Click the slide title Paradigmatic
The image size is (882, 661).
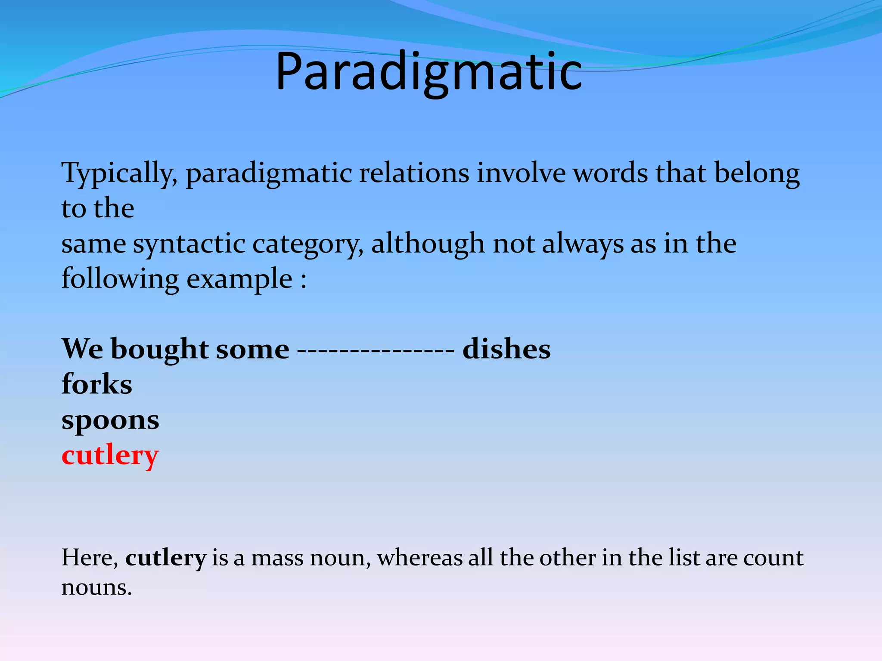click(429, 71)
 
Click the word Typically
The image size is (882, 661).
click(119, 173)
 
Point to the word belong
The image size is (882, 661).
click(757, 173)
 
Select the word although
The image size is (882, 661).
click(428, 244)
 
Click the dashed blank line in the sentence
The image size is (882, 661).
click(376, 349)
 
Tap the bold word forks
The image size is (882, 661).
click(97, 384)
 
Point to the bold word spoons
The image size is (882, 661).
click(110, 421)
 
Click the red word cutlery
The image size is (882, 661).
click(110, 455)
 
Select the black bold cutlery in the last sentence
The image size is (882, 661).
click(166, 558)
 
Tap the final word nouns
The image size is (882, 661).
click(96, 587)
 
